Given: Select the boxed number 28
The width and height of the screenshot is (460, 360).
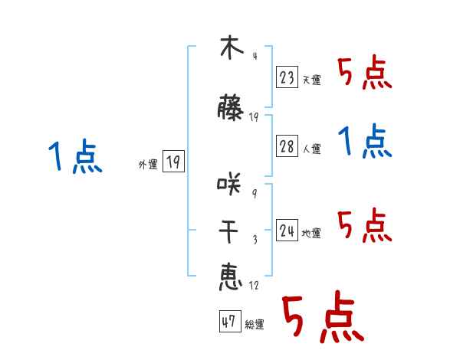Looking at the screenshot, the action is click(287, 147).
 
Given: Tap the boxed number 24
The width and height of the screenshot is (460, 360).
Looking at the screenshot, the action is click(287, 231).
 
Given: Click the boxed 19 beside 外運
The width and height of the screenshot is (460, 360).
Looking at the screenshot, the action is click(173, 162).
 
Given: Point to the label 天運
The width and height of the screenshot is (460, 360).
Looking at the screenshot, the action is click(311, 80).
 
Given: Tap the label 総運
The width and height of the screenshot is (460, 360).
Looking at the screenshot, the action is click(255, 325).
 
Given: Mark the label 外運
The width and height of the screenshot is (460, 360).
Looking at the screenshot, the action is click(147, 165).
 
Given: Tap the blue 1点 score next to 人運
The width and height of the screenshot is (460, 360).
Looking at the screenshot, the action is click(365, 142).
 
